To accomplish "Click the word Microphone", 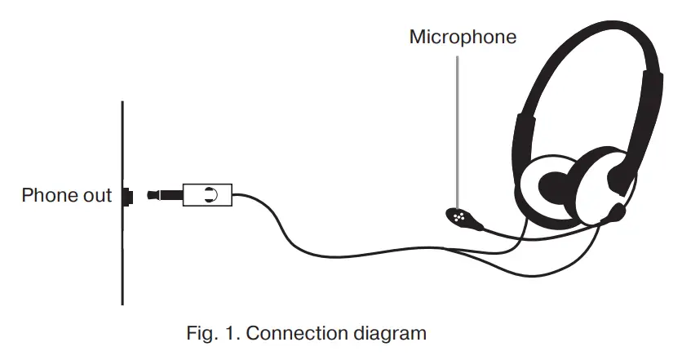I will click(463, 37).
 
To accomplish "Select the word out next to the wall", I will click(96, 196).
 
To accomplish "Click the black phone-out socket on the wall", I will click(127, 196).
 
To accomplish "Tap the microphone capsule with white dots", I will click(458, 217).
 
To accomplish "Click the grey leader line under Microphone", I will click(458, 122).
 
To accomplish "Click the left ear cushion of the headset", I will click(547, 184).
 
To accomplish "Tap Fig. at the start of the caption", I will click(201, 333).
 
